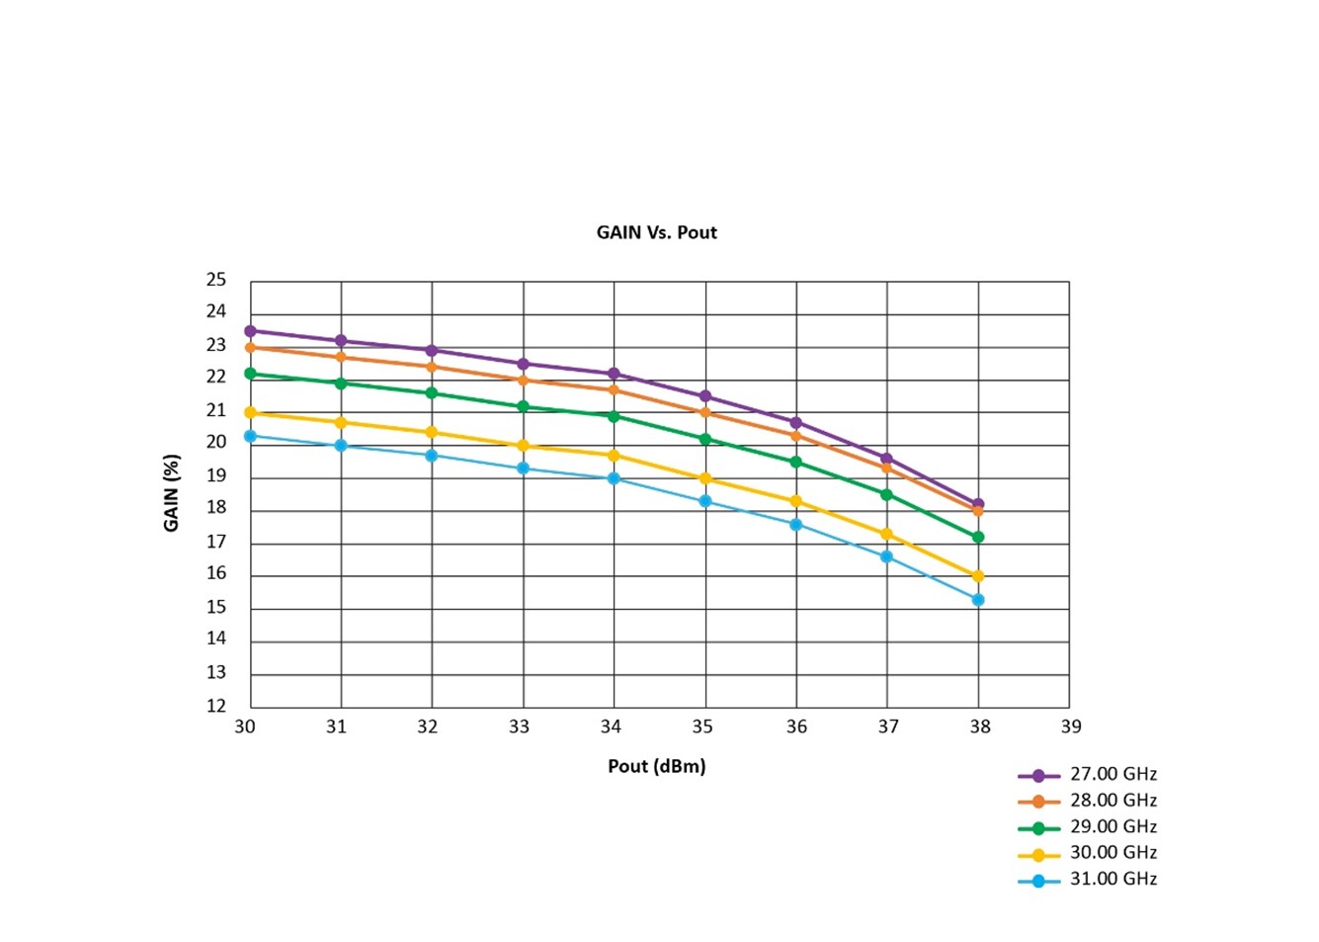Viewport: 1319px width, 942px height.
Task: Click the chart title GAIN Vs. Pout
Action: tap(656, 232)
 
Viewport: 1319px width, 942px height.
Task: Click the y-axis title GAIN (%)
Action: tap(172, 492)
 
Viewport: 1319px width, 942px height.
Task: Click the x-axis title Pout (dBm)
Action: tap(656, 766)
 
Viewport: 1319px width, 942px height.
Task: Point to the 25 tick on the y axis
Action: tap(216, 280)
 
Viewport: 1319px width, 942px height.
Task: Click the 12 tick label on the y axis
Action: tap(216, 706)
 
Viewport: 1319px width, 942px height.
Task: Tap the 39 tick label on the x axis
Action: tap(1070, 727)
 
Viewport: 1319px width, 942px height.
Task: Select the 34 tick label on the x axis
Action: tap(611, 727)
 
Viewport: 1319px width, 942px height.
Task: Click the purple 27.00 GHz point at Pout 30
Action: tap(251, 331)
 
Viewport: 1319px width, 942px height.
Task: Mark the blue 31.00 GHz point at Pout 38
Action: tap(978, 600)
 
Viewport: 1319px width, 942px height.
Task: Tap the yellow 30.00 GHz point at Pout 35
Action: tap(705, 478)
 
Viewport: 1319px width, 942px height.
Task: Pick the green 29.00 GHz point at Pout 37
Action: tap(887, 494)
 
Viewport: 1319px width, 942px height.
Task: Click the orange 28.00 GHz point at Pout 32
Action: tap(432, 367)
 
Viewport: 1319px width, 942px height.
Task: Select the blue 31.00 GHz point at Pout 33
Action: tap(524, 468)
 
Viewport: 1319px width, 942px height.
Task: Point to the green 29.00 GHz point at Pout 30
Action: tap(251, 374)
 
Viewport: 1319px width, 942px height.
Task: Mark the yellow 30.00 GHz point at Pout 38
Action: tap(978, 576)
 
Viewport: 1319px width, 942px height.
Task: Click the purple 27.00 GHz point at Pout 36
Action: tap(796, 422)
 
